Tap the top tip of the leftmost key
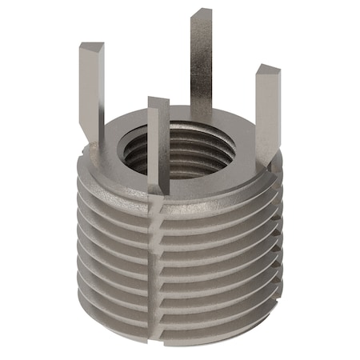(90, 46)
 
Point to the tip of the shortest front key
(158, 102)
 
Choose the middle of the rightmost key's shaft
(267, 112)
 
